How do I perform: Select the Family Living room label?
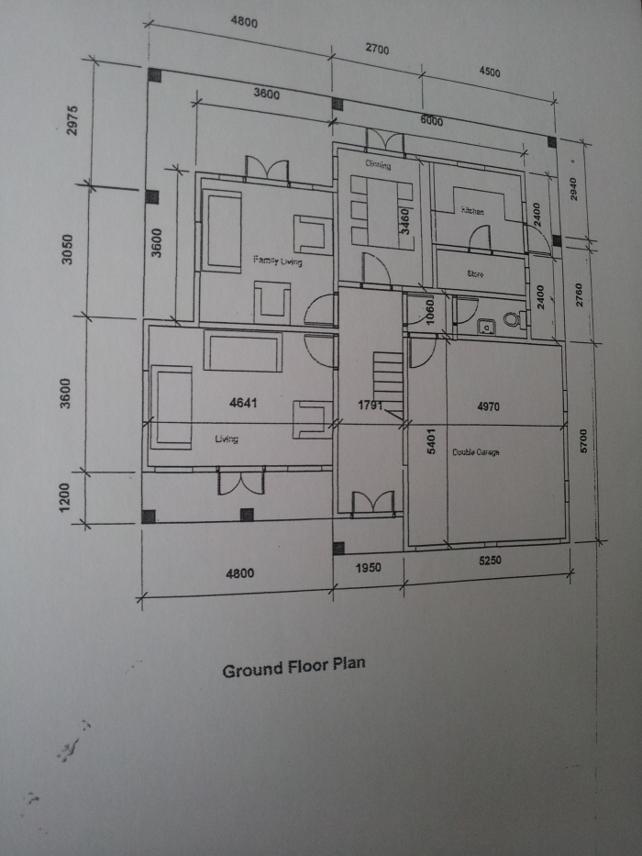coord(277,261)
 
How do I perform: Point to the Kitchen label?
coord(472,211)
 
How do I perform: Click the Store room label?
coord(474,273)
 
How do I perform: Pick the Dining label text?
coord(378,166)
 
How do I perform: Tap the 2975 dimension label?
coord(74,120)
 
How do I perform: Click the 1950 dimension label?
coord(367,567)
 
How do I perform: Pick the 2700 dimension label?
coord(377,49)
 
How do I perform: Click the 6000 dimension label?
coord(431,120)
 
